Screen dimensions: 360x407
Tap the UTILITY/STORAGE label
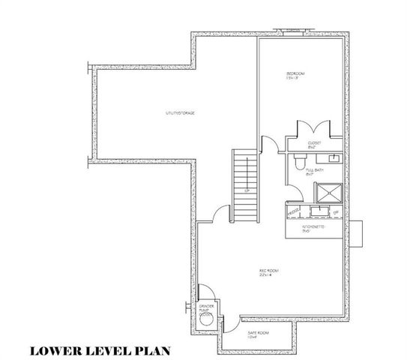(x=180, y=113)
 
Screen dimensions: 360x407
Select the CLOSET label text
(x=315, y=144)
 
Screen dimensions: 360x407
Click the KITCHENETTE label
(x=313, y=227)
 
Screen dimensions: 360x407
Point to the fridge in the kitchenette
(x=335, y=214)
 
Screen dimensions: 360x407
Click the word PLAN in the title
(x=151, y=350)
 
